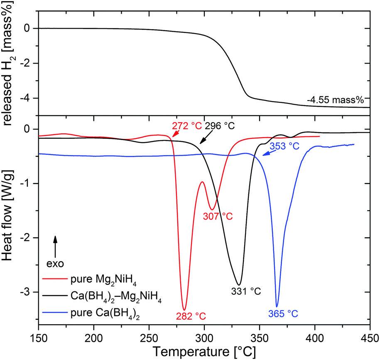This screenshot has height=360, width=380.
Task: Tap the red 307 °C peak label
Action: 218,216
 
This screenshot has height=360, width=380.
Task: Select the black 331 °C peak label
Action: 246,291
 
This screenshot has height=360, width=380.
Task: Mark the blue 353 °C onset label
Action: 284,146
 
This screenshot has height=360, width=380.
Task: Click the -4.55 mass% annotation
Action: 335,100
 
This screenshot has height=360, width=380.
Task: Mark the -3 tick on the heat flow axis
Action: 28,292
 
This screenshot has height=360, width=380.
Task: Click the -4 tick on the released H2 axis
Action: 28,98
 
